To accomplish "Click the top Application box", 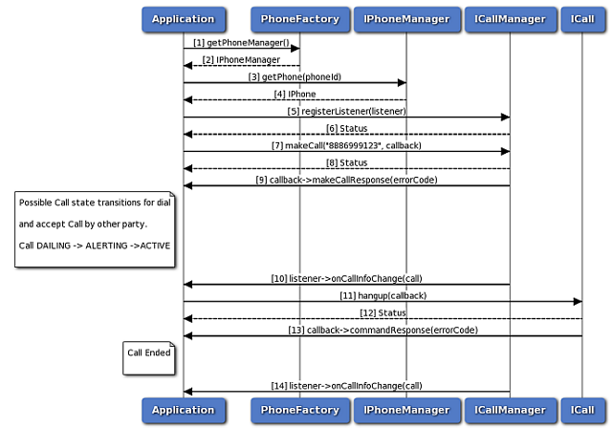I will point(183,18).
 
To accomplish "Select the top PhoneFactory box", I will point(299,18).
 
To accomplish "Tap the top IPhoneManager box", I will point(405,18).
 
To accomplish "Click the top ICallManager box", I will point(509,18).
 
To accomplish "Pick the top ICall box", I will point(582,18).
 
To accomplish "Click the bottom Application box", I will point(183,410).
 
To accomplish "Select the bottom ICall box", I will point(582,410).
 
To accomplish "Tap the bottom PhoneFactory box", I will point(299,410).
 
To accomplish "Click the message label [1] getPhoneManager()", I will point(241,43).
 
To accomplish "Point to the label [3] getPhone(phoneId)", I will point(295,76).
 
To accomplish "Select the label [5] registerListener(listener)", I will point(345,111).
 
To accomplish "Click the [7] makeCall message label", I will point(345,145).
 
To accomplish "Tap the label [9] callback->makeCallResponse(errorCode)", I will point(345,180).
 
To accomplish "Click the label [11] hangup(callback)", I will point(382,296).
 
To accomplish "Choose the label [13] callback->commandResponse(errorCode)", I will point(382,330).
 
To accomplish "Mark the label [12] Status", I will point(382,312).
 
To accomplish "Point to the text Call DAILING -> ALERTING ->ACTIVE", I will point(95,246).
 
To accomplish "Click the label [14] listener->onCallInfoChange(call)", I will point(345,385).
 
